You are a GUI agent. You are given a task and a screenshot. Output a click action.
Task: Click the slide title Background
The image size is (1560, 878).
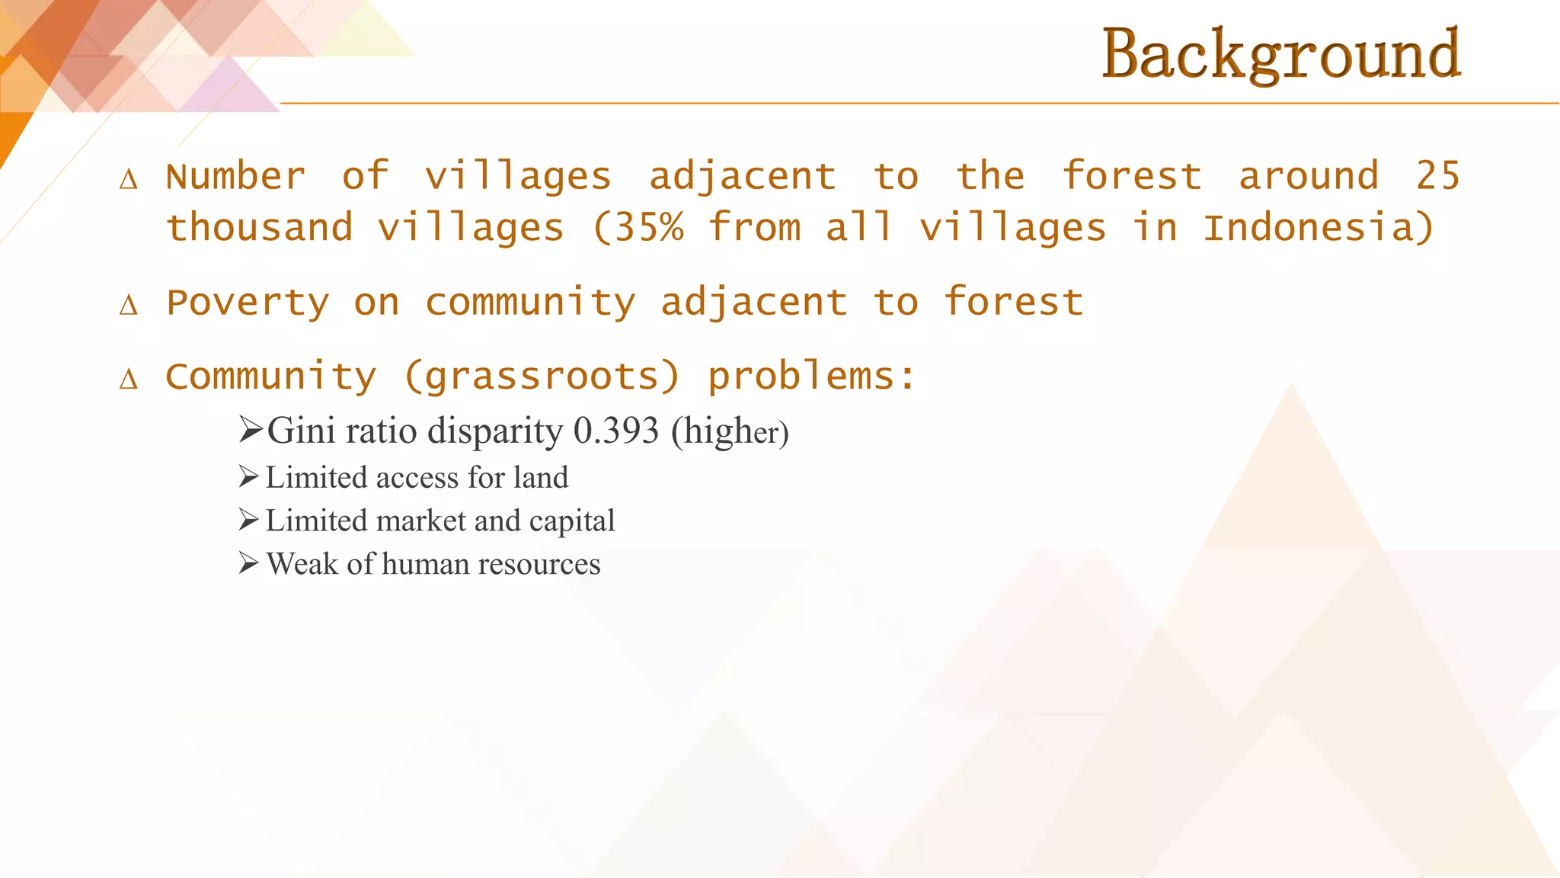(1281, 55)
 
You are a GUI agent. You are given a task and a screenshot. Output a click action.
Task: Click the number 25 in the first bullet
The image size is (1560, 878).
(1437, 176)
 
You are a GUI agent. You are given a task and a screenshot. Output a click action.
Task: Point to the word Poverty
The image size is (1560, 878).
(248, 303)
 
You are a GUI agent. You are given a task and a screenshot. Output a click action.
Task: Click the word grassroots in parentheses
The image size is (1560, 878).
(542, 377)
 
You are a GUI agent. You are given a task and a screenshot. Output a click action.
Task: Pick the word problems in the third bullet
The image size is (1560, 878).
(801, 377)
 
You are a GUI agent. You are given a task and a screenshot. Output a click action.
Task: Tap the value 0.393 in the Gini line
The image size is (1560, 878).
(615, 431)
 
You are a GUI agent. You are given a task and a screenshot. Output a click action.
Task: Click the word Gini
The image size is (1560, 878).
(301, 431)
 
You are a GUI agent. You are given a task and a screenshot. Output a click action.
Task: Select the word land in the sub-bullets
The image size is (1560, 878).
(541, 478)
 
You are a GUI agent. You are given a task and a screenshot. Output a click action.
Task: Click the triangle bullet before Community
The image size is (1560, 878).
(129, 379)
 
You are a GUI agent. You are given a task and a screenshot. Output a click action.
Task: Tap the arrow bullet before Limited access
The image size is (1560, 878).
(248, 477)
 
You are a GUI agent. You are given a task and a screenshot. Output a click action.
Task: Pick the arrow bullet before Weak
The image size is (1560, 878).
(248, 564)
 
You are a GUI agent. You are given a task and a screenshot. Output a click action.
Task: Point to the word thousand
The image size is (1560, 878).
(259, 227)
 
